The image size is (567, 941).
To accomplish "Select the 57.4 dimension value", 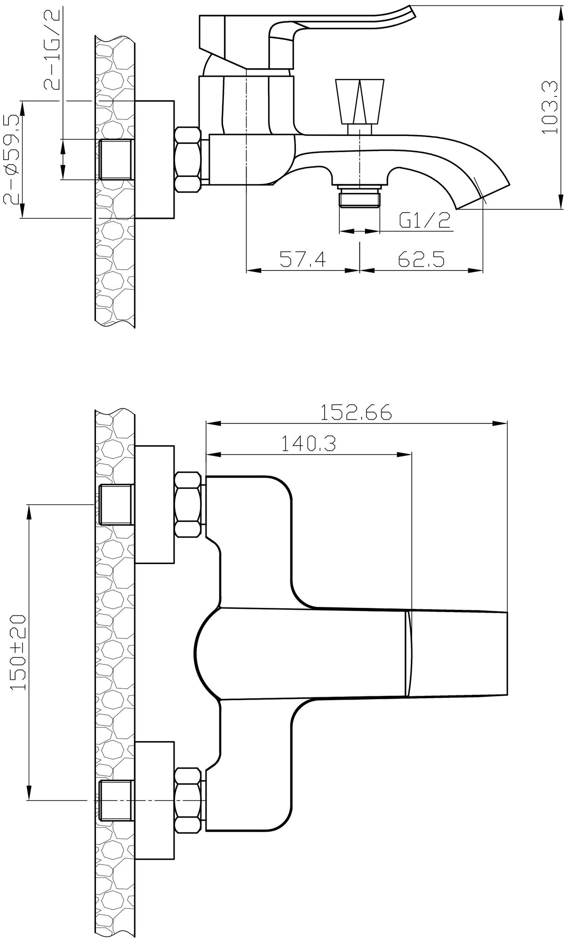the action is [x=303, y=259].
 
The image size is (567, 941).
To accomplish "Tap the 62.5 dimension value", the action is [x=421, y=259].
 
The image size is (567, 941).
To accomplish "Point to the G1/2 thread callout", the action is [x=425, y=220].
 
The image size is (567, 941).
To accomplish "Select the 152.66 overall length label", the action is [x=356, y=413].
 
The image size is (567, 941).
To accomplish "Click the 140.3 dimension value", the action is [x=309, y=443].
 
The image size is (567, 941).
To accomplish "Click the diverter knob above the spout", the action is [x=360, y=103].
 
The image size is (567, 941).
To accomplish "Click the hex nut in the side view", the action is [x=188, y=159].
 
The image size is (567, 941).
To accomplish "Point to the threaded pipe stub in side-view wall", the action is [x=116, y=159].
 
